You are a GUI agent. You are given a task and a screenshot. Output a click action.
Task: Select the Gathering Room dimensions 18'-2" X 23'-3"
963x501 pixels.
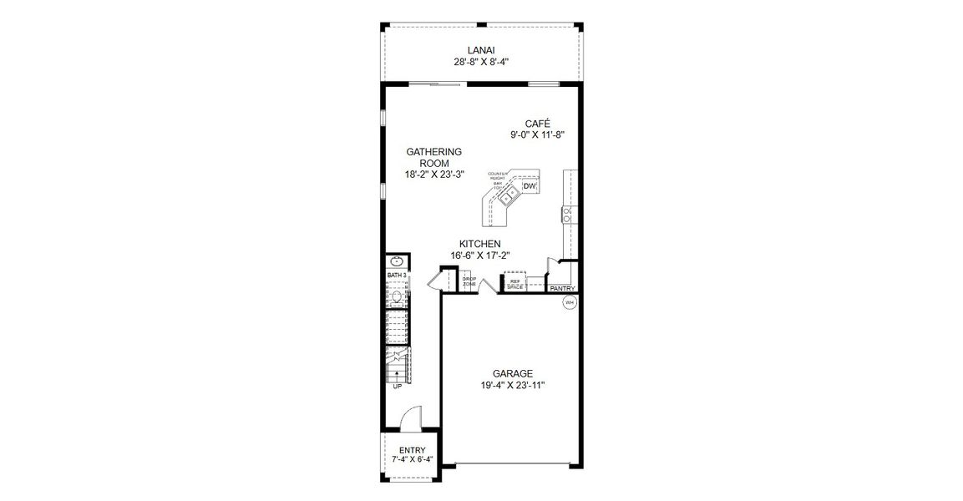click(x=434, y=174)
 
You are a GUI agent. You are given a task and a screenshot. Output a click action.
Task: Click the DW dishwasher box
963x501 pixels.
click(x=530, y=187)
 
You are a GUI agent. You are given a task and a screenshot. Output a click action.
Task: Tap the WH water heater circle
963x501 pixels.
click(x=570, y=303)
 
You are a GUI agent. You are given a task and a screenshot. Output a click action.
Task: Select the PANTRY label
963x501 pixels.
click(x=562, y=289)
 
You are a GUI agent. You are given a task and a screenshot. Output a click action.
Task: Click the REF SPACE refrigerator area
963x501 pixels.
click(x=514, y=284)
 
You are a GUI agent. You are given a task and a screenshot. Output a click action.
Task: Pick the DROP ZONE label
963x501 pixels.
click(x=469, y=282)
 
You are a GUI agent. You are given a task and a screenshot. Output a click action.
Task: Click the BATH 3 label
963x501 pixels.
click(x=396, y=275)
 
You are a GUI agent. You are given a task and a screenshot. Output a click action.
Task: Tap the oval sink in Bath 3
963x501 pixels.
click(x=397, y=261)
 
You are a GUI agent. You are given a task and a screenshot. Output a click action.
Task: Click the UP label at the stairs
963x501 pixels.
click(x=397, y=386)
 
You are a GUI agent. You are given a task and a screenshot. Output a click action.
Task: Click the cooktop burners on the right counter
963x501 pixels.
click(x=567, y=215)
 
